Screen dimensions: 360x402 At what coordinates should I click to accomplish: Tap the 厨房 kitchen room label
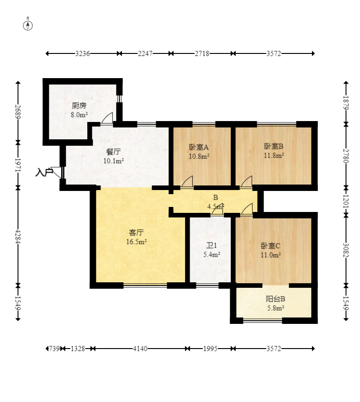pyautogui.click(x=79, y=106)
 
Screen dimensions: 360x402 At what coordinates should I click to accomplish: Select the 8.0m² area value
pyautogui.click(x=79, y=115)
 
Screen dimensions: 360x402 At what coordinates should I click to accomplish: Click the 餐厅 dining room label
pyautogui.click(x=113, y=152)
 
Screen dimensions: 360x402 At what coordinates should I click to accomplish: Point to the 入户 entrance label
pyautogui.click(x=44, y=172)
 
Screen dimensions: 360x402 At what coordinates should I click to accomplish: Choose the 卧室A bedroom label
pyautogui.click(x=199, y=147)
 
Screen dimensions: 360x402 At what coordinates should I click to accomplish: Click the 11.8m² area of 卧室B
pyautogui.click(x=274, y=155)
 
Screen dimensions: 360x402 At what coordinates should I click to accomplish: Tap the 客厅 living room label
pyautogui.click(x=136, y=233)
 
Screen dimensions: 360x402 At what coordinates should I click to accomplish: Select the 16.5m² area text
pyautogui.click(x=137, y=242)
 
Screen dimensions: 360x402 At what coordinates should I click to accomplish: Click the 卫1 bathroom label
pyautogui.click(x=212, y=246)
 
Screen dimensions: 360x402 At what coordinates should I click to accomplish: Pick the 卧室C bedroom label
pyautogui.click(x=270, y=246)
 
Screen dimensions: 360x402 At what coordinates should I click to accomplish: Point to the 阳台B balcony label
pyautogui.click(x=275, y=299)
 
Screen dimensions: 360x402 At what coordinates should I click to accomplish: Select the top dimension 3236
pyautogui.click(x=82, y=53)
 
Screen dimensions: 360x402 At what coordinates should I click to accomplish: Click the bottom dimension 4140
pyautogui.click(x=140, y=349)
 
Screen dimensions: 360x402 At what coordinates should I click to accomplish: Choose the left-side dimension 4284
pyautogui.click(x=18, y=236)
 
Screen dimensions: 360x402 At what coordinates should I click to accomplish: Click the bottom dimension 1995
pyautogui.click(x=210, y=349)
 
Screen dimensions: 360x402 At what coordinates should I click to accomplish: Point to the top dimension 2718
pyautogui.click(x=202, y=53)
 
